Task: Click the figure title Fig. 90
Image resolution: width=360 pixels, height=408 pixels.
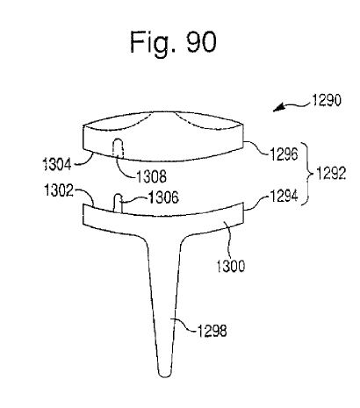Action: (x=173, y=43)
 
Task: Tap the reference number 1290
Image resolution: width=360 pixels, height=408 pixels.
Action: (x=327, y=100)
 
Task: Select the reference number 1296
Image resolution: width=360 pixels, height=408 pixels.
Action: (x=284, y=154)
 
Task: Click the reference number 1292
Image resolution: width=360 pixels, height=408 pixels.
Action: (x=331, y=174)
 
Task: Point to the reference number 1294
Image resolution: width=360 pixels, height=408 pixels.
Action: (x=284, y=196)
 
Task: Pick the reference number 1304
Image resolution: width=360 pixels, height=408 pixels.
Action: (x=57, y=164)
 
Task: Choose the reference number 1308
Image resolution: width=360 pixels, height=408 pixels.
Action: (x=152, y=176)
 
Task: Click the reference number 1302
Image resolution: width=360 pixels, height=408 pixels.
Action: (x=59, y=190)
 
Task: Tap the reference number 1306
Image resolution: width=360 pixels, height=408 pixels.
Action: (x=164, y=197)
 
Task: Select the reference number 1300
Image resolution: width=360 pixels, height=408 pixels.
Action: (x=230, y=266)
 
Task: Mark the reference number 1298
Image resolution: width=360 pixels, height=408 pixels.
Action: (x=212, y=331)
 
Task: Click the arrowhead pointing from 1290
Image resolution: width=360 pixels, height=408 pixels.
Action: (x=278, y=107)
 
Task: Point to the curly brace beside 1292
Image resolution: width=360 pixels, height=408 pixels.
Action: (x=307, y=174)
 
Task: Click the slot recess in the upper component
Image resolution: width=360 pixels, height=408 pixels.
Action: (x=119, y=148)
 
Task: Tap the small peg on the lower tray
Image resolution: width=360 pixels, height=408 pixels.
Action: (x=118, y=203)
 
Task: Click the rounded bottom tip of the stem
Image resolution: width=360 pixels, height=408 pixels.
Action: (x=165, y=374)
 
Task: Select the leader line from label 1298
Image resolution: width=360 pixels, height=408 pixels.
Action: (x=184, y=326)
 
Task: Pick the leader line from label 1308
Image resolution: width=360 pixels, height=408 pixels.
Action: (x=123, y=169)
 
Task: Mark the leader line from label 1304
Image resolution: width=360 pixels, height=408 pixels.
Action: (x=84, y=161)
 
